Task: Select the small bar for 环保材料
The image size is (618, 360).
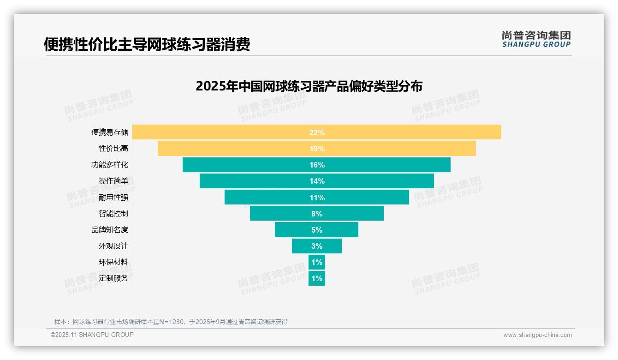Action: point(317,262)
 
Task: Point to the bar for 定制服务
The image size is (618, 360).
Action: point(317,278)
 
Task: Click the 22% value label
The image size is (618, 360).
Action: point(317,132)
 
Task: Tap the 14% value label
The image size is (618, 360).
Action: point(317,181)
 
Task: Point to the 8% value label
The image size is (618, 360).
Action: point(317,214)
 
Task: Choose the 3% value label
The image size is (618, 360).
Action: point(317,246)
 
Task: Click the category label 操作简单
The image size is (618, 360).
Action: point(113,181)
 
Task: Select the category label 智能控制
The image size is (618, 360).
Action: point(113,214)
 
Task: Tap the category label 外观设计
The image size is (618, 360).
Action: point(113,246)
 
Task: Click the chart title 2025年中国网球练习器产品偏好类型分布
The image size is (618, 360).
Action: point(309,86)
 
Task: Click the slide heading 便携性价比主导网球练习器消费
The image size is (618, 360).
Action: point(147,45)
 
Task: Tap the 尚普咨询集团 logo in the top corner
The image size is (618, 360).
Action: point(536,39)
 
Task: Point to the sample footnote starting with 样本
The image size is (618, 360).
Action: point(171,322)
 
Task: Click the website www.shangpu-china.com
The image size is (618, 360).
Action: point(537,335)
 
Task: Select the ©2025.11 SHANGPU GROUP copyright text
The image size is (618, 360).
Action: point(92,335)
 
